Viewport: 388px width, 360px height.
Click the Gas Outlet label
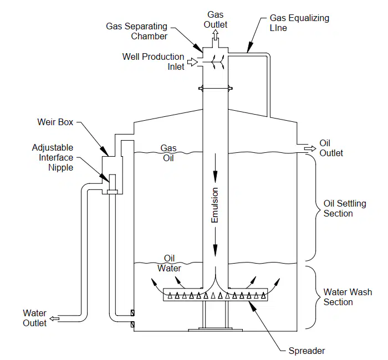pyautogui.click(x=215, y=19)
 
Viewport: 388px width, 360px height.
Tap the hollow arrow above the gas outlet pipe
pyautogui.click(x=216, y=34)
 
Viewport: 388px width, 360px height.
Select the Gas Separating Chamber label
pyautogui.click(x=136, y=31)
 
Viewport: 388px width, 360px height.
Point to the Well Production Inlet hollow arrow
pyautogui.click(x=192, y=62)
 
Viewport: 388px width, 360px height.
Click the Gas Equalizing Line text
pyautogui.click(x=299, y=23)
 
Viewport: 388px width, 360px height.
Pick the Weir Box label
pyautogui.click(x=55, y=122)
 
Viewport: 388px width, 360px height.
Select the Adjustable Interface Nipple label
pyautogui.click(x=53, y=157)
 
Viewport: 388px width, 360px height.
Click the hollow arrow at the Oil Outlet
pyautogui.click(x=310, y=148)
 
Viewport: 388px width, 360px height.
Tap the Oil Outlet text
pyautogui.click(x=331, y=148)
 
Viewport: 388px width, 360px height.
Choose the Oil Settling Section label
pyautogui.click(x=345, y=208)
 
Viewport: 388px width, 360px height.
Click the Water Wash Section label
pyautogui.click(x=348, y=297)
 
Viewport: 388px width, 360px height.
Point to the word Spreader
pyautogui.click(x=307, y=351)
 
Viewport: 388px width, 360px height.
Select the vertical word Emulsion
pyautogui.click(x=215, y=205)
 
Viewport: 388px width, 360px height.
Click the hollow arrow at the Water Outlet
pyautogui.click(x=54, y=318)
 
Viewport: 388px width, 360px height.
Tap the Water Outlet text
pyautogui.click(x=34, y=318)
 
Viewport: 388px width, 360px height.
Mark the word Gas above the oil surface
pyautogui.click(x=169, y=148)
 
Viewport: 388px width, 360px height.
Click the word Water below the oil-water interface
pyautogui.click(x=169, y=268)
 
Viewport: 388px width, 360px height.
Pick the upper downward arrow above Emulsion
pyautogui.click(x=215, y=168)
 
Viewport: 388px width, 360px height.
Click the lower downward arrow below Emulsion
pyautogui.click(x=215, y=242)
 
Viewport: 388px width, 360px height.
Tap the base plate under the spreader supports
pyautogui.click(x=215, y=330)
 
